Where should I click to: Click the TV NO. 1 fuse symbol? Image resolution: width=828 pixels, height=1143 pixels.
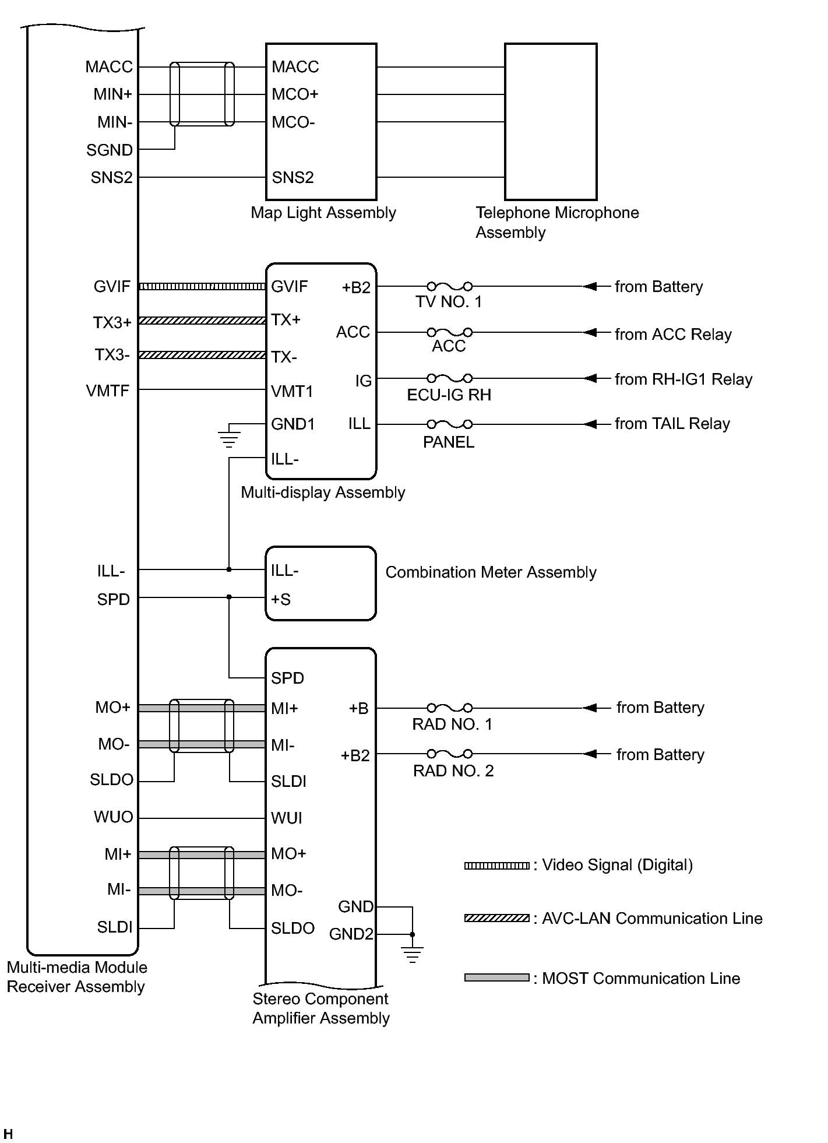(449, 286)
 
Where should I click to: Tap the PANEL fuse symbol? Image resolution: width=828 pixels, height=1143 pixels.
(449, 424)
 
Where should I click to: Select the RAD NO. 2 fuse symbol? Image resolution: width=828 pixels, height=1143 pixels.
(449, 754)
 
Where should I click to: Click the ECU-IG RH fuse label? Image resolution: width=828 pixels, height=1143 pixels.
(449, 395)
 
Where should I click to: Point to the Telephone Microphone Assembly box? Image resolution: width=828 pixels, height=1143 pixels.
(551, 121)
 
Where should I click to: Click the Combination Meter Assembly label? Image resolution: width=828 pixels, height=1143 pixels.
(491, 572)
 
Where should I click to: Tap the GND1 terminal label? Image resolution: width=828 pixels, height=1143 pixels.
(293, 424)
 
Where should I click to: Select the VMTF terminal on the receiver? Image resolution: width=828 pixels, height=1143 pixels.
(108, 391)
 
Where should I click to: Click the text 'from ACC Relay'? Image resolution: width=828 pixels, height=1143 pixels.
(673, 335)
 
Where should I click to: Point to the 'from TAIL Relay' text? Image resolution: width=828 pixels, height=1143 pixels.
(672, 424)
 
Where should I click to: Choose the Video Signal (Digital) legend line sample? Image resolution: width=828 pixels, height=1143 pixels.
(496, 866)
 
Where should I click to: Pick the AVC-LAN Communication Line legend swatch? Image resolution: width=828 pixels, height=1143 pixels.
(496, 919)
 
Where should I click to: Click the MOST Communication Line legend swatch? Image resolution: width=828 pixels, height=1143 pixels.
(496, 977)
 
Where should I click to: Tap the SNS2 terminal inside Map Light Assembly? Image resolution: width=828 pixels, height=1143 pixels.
(293, 177)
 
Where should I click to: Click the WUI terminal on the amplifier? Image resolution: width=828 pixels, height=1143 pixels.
(286, 818)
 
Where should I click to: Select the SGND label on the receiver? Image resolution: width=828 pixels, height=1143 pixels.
(110, 150)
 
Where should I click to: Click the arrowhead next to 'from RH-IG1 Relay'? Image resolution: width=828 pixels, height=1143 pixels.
(590, 378)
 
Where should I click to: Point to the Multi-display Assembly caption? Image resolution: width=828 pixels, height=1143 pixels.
(323, 493)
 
